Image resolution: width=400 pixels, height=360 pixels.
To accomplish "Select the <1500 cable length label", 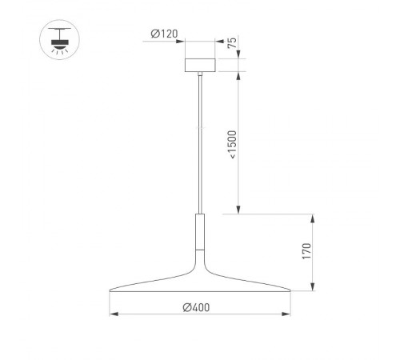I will (x=233, y=144).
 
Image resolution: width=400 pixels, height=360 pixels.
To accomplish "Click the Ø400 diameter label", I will (x=197, y=305).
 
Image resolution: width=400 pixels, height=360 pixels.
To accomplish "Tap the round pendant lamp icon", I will (x=57, y=38).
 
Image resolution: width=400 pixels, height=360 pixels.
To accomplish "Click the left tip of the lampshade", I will (x=109, y=290).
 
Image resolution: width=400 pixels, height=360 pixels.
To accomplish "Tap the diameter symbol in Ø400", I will (x=186, y=305).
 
